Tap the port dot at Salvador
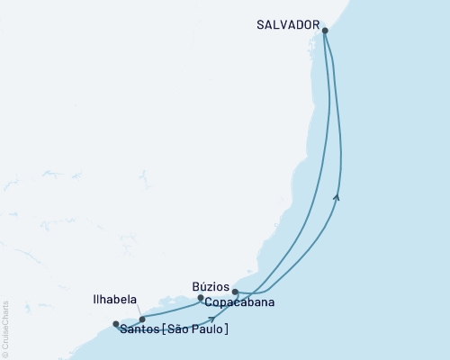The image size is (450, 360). [x=325, y=31]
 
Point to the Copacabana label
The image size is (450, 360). [x=239, y=302]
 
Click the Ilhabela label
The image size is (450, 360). [x=114, y=300]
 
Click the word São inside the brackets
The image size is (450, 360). [x=182, y=328]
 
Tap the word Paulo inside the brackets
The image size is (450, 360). [x=210, y=328]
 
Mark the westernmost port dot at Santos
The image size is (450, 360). [x=116, y=324]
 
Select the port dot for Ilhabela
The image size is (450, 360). [x=142, y=319]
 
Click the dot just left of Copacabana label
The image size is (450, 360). [x=201, y=297]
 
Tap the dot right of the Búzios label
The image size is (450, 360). [x=235, y=292]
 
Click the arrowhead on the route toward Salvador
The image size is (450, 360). [x=336, y=196]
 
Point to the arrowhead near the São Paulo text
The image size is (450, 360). [x=212, y=318]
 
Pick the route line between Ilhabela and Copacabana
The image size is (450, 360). [x=171, y=308]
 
